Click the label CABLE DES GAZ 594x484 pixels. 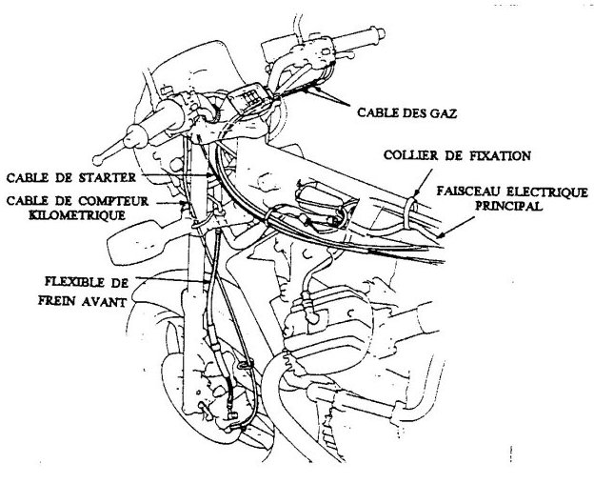click(x=406, y=112)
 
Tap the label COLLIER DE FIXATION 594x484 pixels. click(x=457, y=155)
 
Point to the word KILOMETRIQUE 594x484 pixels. click(x=77, y=215)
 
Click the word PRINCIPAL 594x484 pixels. click(x=508, y=206)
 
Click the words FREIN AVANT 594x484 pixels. click(x=82, y=301)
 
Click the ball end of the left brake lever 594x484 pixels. click(x=98, y=160)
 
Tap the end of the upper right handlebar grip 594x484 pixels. click(x=380, y=33)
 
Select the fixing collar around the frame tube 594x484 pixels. click(x=410, y=213)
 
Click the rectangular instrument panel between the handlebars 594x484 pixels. click(x=249, y=98)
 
